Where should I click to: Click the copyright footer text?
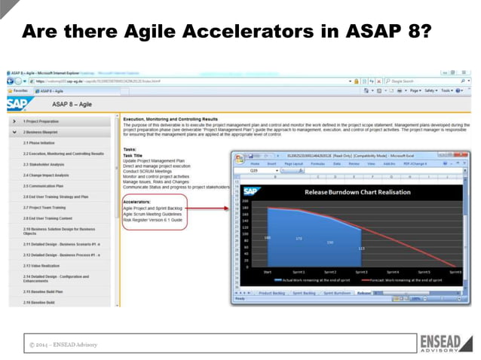[64, 344]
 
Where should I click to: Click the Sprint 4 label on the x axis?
[394, 271]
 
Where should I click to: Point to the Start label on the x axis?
[267, 271]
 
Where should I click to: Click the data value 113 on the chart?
[361, 248]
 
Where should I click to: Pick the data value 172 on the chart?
[299, 239]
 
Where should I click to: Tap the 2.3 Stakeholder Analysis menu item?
[45, 163]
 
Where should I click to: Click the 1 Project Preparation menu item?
[41, 121]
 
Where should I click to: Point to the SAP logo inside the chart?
[249, 192]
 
